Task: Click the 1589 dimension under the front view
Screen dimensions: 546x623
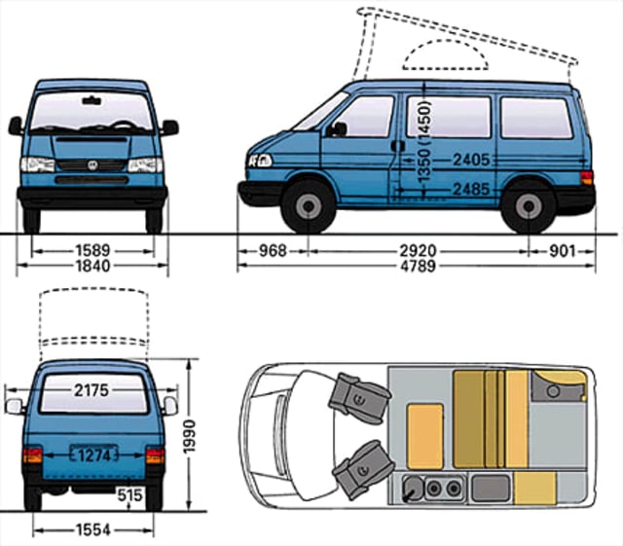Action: coord(93,251)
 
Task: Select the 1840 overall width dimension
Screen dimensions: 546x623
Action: coord(93,266)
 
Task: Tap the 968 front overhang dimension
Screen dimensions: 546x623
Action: coord(273,251)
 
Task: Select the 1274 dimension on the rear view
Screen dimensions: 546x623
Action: coord(93,454)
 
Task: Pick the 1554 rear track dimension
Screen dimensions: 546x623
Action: coord(93,529)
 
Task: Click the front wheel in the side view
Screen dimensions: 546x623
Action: coord(309,206)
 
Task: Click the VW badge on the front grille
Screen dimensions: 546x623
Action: coord(93,165)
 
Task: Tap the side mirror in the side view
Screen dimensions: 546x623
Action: coord(338,128)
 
